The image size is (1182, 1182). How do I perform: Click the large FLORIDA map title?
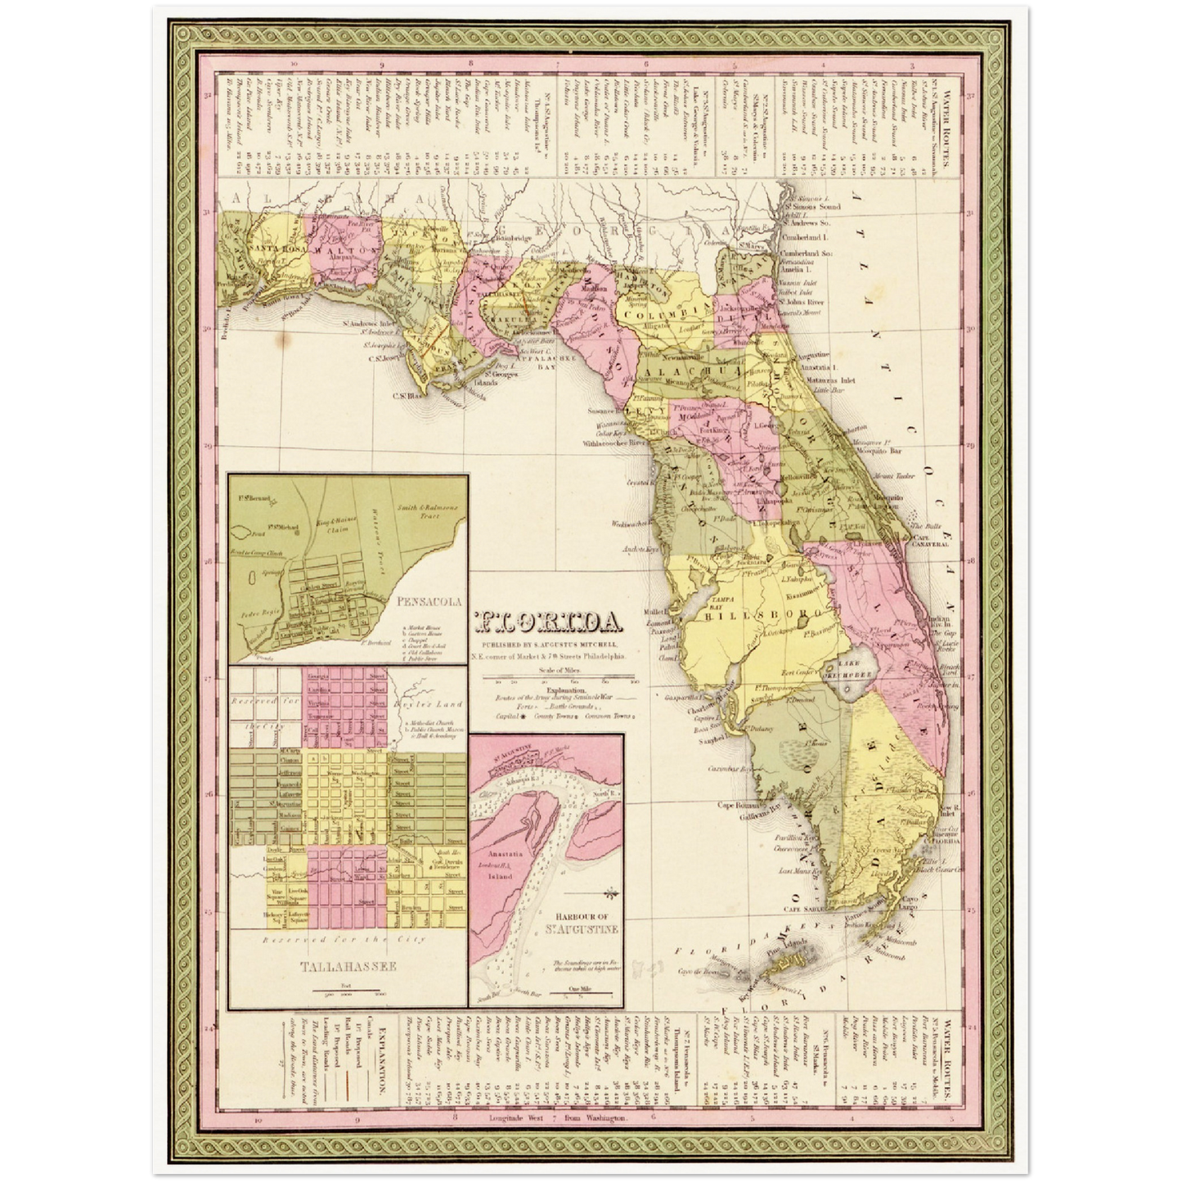546,623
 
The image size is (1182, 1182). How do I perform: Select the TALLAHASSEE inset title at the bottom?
348,966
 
